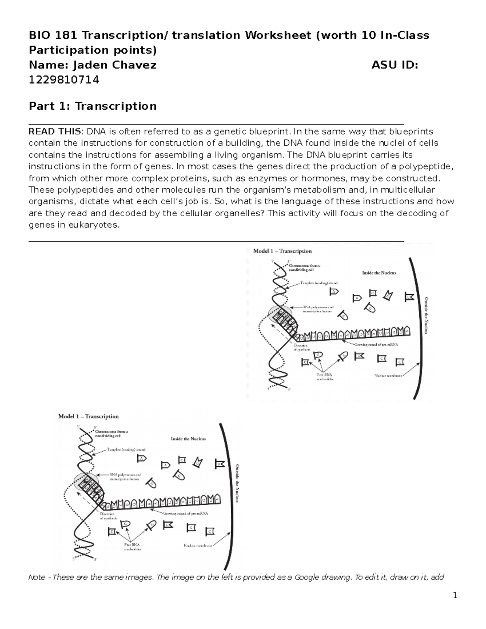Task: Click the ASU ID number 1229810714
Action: point(64,80)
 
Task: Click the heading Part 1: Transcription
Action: point(93,107)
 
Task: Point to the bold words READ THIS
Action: point(55,132)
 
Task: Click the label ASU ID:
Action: point(394,65)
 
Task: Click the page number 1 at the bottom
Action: point(455,595)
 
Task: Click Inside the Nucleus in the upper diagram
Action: point(379,273)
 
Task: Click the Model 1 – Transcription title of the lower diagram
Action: point(88,416)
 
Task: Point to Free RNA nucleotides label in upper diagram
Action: point(324,377)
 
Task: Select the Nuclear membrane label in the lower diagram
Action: point(198,546)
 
